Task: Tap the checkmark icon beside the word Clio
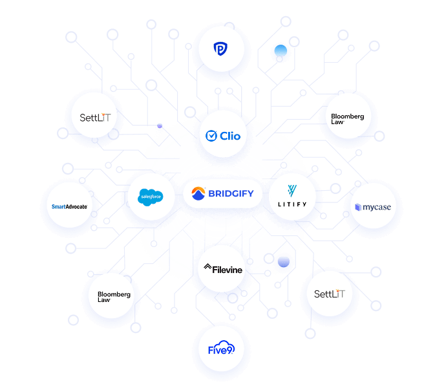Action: [211, 136]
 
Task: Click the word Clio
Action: [229, 136]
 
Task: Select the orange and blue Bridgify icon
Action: [198, 193]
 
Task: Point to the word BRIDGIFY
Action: [231, 193]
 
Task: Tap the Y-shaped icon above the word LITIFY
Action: [292, 190]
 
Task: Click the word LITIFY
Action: [292, 206]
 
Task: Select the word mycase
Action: [377, 208]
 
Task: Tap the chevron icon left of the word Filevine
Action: [207, 266]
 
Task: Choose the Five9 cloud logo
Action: [221, 350]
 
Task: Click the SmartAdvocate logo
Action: [69, 207]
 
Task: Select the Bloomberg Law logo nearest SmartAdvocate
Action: [114, 297]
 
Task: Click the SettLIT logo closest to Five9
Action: [329, 294]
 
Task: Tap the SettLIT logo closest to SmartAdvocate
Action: [95, 118]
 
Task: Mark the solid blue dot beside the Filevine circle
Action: [283, 262]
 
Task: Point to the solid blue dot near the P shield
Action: [281, 52]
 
